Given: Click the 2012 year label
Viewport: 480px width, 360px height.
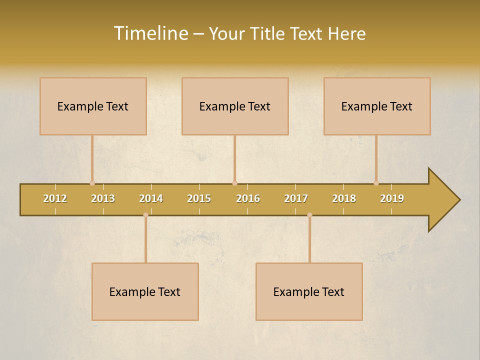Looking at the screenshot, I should click(55, 198).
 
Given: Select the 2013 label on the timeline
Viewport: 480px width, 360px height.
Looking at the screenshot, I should click(103, 198).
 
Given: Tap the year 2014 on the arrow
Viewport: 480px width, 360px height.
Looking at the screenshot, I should click(151, 198).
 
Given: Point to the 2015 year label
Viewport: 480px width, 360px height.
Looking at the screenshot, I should click(199, 198).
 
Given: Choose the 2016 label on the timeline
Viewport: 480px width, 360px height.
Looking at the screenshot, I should click(248, 198).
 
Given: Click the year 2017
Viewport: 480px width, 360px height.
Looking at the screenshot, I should click(296, 198).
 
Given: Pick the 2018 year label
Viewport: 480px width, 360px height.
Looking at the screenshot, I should click(344, 198).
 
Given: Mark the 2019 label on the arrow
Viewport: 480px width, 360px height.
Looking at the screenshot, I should click(392, 198).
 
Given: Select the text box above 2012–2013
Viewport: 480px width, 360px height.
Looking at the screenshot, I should click(93, 106).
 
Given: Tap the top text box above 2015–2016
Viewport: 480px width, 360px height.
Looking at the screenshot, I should click(235, 106).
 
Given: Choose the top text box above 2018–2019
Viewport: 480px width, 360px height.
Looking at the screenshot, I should click(377, 106).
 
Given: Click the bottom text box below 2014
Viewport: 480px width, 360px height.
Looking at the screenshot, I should click(145, 291).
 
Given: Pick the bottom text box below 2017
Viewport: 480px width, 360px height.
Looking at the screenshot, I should click(309, 291).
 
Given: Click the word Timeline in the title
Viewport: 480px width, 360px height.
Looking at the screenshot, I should click(150, 33).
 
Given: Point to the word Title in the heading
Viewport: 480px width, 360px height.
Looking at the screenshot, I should click(271, 33).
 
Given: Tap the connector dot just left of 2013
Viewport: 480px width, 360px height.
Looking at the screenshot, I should click(92, 183).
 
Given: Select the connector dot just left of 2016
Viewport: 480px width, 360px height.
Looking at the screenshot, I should click(234, 183).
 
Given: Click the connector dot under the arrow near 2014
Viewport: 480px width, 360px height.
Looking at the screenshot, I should click(145, 215).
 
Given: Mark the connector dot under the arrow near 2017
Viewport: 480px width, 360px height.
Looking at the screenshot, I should click(309, 215).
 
